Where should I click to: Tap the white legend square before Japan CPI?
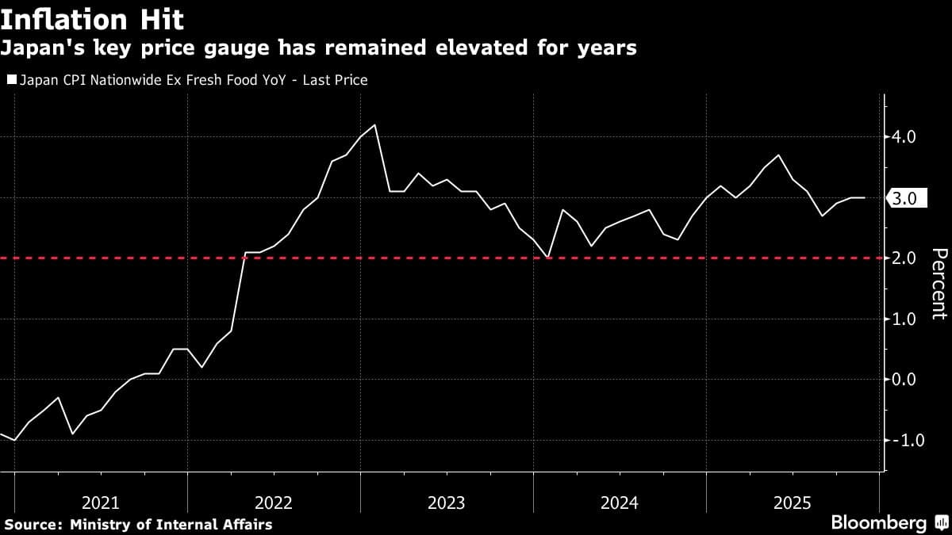[10, 80]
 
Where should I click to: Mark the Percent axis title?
[938, 283]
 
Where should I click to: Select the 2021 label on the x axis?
[101, 503]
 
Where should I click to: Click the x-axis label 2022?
[274, 503]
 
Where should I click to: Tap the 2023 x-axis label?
[447, 503]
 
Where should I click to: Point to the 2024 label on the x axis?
[620, 503]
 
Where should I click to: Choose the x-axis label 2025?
[793, 503]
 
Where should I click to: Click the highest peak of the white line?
[374, 125]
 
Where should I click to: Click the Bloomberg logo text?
[878, 522]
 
